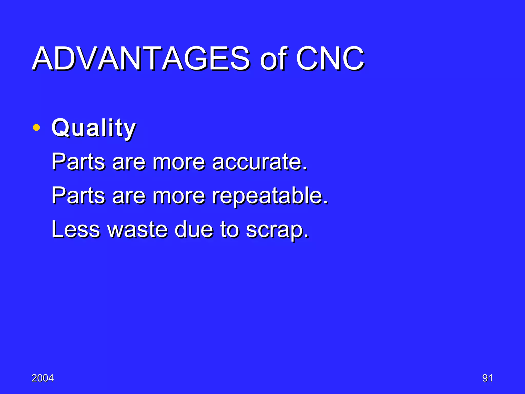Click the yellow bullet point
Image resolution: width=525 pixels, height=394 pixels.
point(36,127)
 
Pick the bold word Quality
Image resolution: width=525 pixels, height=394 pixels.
point(94,128)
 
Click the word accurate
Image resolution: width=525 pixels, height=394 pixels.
point(259,162)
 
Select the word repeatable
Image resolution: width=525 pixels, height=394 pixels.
point(270,196)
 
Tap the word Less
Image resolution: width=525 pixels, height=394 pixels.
point(76,229)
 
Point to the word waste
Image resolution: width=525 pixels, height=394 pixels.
point(137,229)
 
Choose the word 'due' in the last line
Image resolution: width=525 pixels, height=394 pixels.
point(194,229)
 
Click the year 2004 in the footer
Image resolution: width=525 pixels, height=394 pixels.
point(43,378)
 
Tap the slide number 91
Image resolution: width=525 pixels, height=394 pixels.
point(487,378)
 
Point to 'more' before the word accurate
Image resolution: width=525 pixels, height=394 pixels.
point(179,163)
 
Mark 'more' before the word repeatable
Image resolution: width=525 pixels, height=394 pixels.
point(179,196)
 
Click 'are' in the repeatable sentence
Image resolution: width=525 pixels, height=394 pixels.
point(129,196)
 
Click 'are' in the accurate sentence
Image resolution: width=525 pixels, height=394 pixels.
point(129,163)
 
